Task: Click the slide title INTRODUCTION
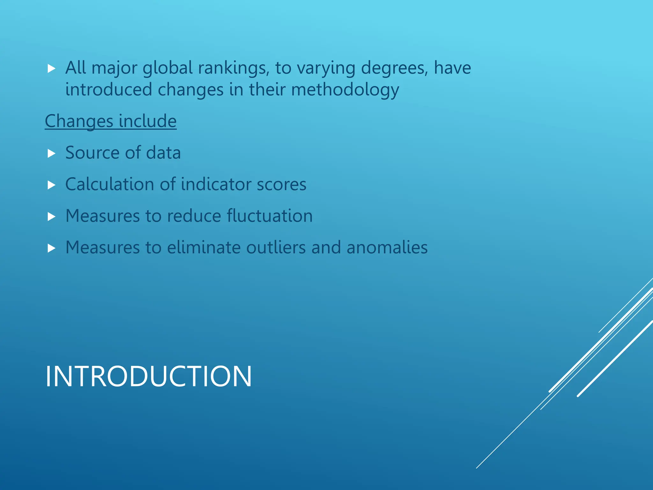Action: [149, 376]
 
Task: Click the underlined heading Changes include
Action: [111, 121]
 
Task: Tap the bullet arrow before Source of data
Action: [51, 154]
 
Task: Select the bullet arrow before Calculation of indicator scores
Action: [51, 185]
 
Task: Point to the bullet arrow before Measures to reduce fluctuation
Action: [51, 217]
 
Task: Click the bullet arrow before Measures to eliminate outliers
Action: [51, 248]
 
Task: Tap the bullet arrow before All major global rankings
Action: [51, 69]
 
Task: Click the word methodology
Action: [345, 90]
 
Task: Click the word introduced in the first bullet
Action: [108, 90]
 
